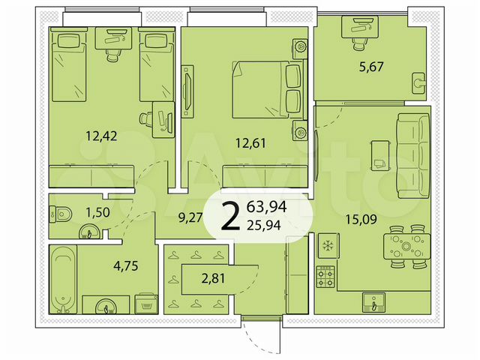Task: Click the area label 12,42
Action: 101,136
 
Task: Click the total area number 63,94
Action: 274,206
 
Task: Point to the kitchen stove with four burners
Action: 326,277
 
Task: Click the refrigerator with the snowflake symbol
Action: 325,245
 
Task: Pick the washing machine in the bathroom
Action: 145,303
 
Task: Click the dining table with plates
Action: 406,246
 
